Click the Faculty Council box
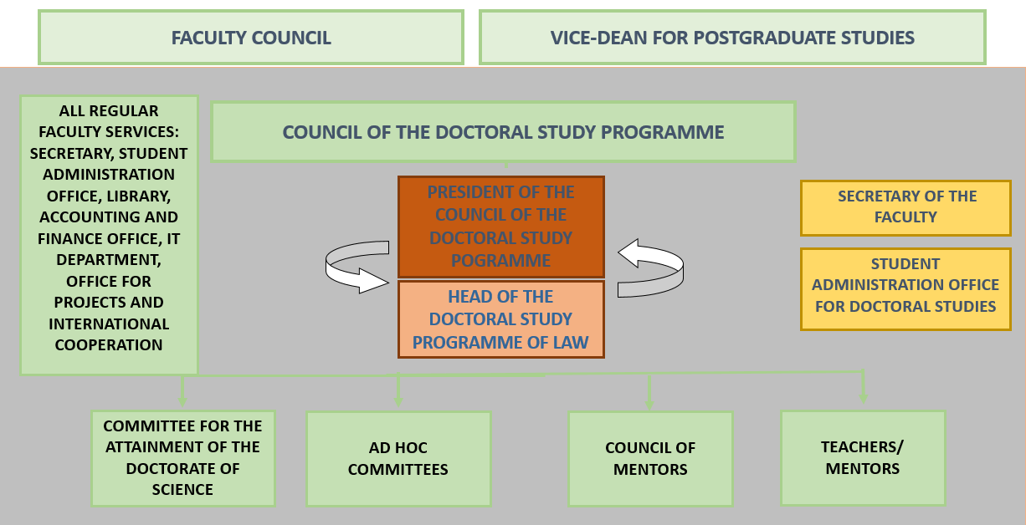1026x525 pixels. (x=251, y=38)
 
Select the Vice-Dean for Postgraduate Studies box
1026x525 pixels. (x=732, y=38)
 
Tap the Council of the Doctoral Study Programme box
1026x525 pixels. (x=503, y=132)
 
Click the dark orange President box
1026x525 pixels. (x=501, y=227)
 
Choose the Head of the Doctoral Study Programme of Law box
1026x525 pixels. (x=501, y=319)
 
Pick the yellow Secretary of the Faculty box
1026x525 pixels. (x=905, y=208)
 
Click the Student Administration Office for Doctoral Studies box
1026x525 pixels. (x=905, y=288)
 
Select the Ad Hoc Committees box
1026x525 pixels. (x=398, y=459)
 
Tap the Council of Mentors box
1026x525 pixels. (x=650, y=459)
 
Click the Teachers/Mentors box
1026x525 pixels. (x=863, y=458)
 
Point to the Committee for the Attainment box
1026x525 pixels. (x=182, y=458)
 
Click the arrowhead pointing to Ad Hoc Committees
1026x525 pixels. (x=398, y=401)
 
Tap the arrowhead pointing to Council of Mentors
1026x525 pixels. (x=649, y=404)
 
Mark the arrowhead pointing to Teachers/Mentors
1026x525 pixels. (x=864, y=398)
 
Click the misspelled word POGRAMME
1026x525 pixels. (x=500, y=261)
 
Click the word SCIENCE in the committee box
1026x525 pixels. (x=182, y=490)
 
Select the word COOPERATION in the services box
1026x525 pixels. (x=109, y=344)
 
